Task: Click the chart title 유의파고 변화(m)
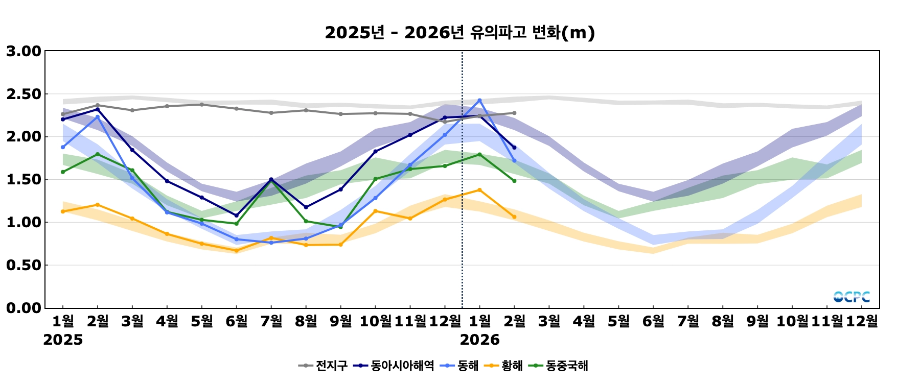[459, 33]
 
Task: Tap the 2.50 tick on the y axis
[24, 94]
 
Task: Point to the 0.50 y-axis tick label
[24, 265]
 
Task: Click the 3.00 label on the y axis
[24, 51]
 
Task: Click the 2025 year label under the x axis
[63, 340]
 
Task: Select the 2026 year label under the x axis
[479, 340]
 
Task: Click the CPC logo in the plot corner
[852, 297]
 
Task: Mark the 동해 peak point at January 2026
[479, 101]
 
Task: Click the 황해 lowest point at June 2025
[236, 251]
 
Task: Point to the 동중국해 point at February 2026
[514, 181]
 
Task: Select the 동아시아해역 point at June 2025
[236, 216]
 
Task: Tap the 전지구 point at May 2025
[201, 105]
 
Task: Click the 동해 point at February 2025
[98, 117]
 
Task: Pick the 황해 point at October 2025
[375, 211]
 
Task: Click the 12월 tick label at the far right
[862, 321]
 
